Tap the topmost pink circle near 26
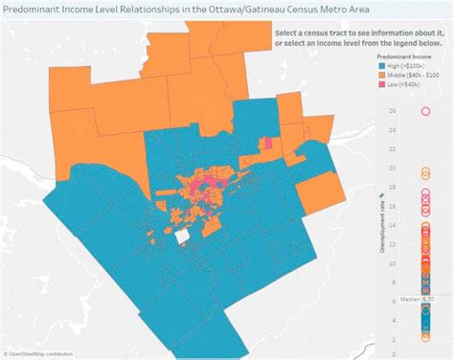[424, 111]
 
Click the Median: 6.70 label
[419, 299]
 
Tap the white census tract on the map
[182, 236]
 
